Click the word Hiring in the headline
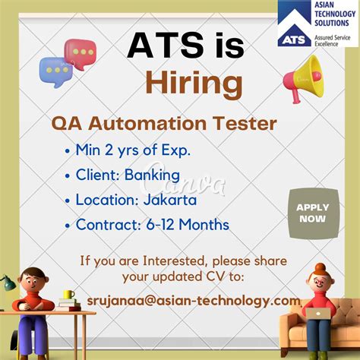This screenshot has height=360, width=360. click(194, 82)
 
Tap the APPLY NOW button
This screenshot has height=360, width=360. click(311, 213)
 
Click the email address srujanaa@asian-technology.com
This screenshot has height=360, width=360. click(194, 301)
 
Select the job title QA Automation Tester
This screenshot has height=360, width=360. click(163, 123)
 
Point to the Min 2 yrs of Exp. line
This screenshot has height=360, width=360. click(133, 150)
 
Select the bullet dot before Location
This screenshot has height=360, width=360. click(69, 201)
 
